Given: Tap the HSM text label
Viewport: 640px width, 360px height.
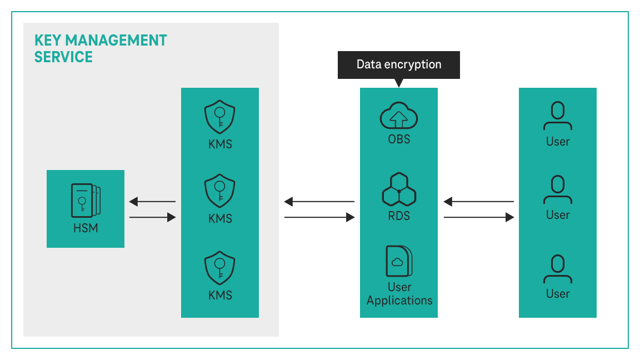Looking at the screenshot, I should (x=86, y=228).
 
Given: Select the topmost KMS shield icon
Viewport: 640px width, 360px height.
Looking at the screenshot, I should (x=220, y=117).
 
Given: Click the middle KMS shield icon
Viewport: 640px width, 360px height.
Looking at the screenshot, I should (x=220, y=191).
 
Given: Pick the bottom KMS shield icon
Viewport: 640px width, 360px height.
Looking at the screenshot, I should (x=220, y=268).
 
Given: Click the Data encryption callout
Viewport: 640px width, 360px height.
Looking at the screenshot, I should (x=399, y=64).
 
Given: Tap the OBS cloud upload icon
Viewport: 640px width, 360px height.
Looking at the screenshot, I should (x=399, y=116).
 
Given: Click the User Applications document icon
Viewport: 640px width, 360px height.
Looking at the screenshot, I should (x=399, y=261).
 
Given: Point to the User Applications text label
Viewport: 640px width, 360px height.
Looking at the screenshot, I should (x=399, y=294).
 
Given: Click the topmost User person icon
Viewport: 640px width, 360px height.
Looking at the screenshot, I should (x=557, y=117).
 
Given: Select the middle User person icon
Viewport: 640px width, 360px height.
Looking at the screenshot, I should (x=557, y=191).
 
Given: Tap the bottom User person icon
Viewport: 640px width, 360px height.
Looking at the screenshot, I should (x=557, y=269).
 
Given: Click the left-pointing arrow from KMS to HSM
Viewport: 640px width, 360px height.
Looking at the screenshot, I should (x=152, y=202).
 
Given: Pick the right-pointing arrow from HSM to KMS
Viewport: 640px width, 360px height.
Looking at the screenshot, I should (x=152, y=217).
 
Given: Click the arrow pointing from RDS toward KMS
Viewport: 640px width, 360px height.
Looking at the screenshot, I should (x=319, y=202).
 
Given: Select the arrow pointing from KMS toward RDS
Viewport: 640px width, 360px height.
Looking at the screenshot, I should (x=319, y=217).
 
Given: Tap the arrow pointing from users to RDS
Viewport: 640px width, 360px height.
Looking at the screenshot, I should (x=478, y=202).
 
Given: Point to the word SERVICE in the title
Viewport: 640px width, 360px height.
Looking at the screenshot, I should (x=63, y=57).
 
